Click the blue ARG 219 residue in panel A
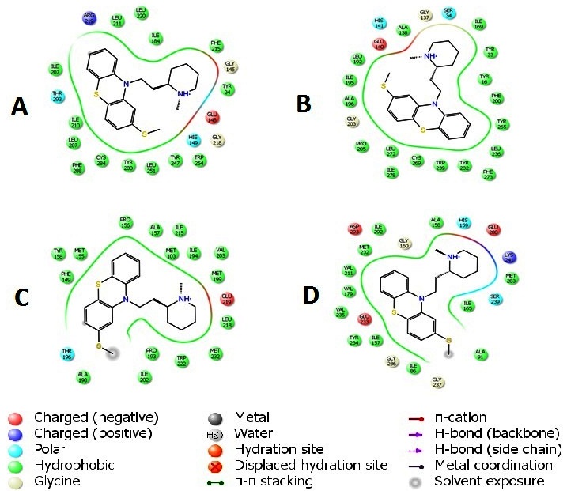[x=89, y=17]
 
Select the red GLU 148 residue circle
[x=213, y=116]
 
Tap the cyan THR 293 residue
[x=58, y=96]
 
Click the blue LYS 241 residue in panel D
[x=509, y=258]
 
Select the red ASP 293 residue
[x=355, y=229]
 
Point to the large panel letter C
[x=24, y=297]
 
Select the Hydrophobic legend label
[x=80, y=465]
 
